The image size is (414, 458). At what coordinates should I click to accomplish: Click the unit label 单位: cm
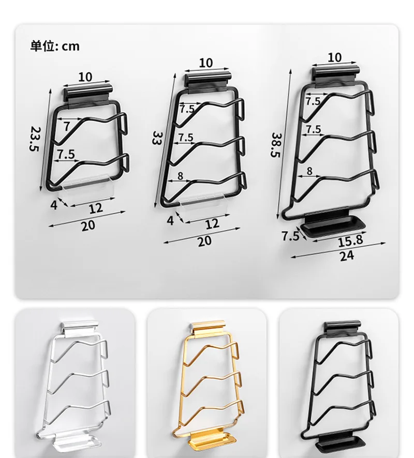pyautogui.click(x=55, y=46)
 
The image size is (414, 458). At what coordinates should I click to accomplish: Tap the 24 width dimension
pyautogui.click(x=347, y=255)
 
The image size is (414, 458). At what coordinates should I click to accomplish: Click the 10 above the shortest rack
pyautogui.click(x=85, y=77)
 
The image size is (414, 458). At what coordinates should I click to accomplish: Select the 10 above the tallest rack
pyautogui.click(x=335, y=57)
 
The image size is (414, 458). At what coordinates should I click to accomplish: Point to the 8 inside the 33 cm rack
pyautogui.click(x=181, y=176)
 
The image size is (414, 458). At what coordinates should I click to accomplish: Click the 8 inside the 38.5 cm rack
pyautogui.click(x=310, y=171)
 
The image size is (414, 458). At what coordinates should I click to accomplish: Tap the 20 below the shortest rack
pyautogui.click(x=88, y=225)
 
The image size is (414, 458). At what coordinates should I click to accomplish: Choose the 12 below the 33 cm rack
pyautogui.click(x=213, y=223)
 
